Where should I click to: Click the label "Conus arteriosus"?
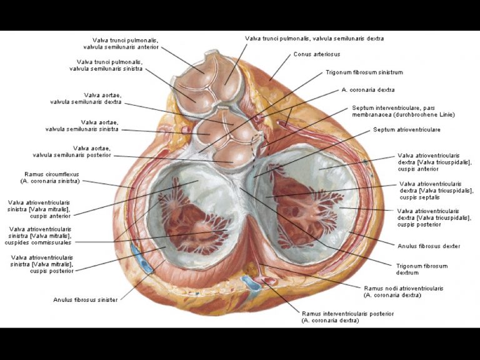(316, 54)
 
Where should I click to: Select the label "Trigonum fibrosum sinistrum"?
(364, 72)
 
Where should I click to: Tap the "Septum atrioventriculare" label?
(406, 129)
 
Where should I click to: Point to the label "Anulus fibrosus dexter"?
(429, 246)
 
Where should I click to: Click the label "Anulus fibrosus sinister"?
(86, 300)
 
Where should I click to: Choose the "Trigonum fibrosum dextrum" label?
(422, 269)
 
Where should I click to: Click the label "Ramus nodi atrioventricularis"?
(404, 288)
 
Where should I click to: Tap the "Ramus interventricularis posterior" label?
(347, 314)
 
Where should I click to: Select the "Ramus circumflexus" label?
(52, 174)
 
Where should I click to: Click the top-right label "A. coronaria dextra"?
(368, 90)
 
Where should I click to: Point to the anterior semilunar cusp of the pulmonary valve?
(196, 69)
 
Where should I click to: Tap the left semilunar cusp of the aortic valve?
(207, 132)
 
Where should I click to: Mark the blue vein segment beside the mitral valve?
(141, 257)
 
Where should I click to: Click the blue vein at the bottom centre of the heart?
(251, 283)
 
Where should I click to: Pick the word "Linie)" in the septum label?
(446, 114)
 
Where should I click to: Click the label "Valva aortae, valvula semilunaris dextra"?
(86, 99)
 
